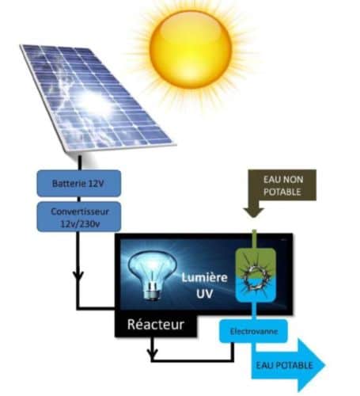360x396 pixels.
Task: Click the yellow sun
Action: [x=191, y=49]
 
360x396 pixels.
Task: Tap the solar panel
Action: [x=97, y=97]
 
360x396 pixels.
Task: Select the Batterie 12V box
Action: [x=79, y=184]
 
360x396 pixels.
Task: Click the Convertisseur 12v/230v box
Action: [x=79, y=217]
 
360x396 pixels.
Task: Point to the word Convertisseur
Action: [x=80, y=211]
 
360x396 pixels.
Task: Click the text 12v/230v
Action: [x=80, y=224]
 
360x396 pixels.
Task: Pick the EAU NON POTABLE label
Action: [x=282, y=185]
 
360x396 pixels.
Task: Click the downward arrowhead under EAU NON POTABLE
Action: [x=254, y=212]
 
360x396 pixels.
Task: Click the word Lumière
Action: [x=204, y=278]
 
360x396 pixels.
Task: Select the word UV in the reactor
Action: [x=204, y=293]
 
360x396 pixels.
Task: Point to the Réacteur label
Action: [x=156, y=325]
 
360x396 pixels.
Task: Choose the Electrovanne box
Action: [x=253, y=331]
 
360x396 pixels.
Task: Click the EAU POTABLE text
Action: [x=284, y=365]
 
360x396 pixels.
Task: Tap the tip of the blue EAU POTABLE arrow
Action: [x=325, y=365]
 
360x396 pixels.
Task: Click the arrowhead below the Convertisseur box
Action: [x=78, y=276]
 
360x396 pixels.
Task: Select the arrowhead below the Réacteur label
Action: [x=152, y=352]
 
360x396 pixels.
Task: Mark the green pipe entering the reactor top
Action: [x=254, y=239]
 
